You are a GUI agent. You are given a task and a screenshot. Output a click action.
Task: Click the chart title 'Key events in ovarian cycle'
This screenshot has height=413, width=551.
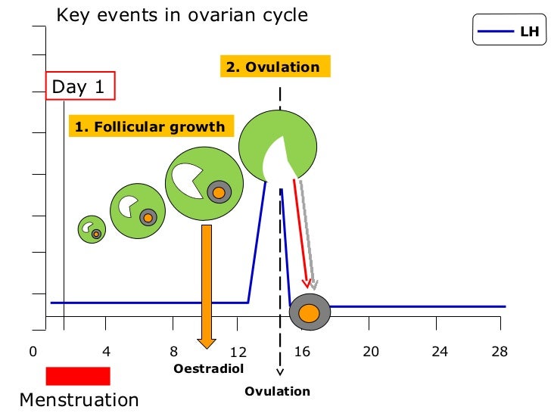click(182, 15)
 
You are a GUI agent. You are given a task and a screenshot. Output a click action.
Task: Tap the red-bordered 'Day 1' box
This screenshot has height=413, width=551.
click(80, 87)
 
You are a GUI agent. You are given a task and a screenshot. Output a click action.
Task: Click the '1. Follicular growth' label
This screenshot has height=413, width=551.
click(151, 126)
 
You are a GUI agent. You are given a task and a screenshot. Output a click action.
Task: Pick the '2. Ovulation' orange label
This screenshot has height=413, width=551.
click(273, 67)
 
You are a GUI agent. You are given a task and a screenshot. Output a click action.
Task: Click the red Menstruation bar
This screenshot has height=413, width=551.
click(78, 376)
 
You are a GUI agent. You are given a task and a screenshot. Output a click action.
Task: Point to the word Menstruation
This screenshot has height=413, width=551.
click(79, 400)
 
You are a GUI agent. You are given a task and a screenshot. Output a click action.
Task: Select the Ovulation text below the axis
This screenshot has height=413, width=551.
click(278, 391)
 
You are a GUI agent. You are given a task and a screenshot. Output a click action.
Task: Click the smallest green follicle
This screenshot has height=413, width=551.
click(92, 228)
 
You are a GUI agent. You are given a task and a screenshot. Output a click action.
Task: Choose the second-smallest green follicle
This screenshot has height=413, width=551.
click(137, 210)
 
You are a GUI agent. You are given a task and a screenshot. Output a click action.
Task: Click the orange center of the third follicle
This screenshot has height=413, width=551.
click(219, 193)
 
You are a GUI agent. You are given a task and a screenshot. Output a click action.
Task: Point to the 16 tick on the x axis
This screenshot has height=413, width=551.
click(302, 352)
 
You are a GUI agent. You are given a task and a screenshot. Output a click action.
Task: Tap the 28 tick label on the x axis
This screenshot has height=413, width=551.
click(498, 352)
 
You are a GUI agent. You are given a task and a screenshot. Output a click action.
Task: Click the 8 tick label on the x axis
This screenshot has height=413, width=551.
click(173, 352)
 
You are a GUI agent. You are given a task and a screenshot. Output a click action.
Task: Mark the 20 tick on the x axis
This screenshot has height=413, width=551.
click(370, 352)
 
